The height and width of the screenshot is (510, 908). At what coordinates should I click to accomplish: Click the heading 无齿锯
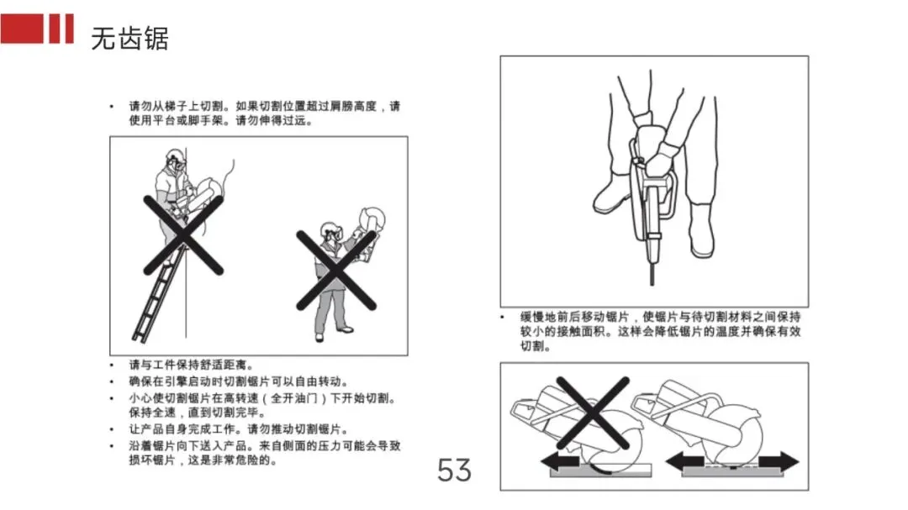[129, 39]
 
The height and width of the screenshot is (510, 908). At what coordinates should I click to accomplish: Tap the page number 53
[455, 470]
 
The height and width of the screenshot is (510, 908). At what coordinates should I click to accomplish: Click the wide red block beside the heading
[21, 29]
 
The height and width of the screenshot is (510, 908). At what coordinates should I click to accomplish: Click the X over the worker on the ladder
[183, 234]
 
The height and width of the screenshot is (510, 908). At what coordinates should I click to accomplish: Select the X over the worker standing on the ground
[335, 271]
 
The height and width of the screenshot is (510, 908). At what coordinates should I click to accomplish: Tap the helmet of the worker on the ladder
[174, 155]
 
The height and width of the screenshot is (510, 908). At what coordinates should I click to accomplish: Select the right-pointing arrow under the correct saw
[779, 461]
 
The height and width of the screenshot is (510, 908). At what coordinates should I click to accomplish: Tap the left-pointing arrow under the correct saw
[685, 462]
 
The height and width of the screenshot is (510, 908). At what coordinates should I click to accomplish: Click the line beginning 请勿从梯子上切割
[264, 106]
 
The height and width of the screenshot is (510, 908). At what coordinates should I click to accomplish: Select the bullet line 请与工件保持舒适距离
[191, 365]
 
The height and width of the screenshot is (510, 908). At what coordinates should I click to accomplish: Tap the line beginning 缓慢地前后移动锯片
[660, 317]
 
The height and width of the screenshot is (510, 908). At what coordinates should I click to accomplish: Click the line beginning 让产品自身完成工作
[239, 429]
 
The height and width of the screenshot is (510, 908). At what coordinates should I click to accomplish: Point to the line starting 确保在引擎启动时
[239, 381]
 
